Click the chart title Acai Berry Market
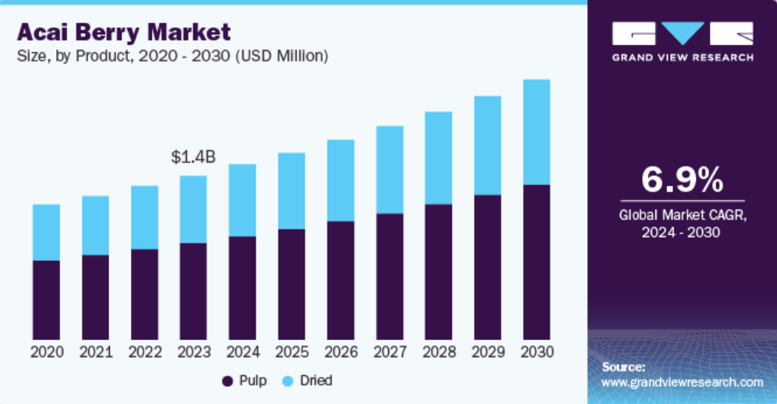(x=124, y=33)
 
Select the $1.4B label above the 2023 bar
(x=193, y=156)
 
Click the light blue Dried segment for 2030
(x=536, y=132)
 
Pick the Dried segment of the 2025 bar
(x=291, y=191)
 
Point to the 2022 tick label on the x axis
(x=145, y=352)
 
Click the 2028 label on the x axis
(x=439, y=352)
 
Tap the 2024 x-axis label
(x=242, y=352)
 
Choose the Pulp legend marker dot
(x=228, y=381)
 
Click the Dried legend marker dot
(x=288, y=381)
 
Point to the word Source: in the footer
(x=623, y=366)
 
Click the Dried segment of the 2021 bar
(x=96, y=225)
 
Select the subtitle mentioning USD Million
(x=172, y=56)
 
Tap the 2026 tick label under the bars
(x=341, y=352)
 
